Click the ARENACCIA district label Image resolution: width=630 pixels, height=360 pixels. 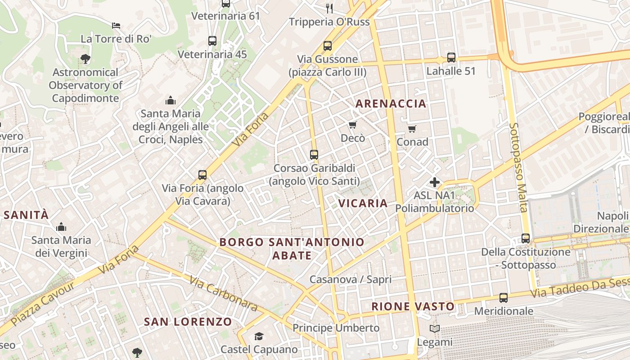click(391, 103)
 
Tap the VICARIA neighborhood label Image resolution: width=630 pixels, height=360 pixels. click(363, 203)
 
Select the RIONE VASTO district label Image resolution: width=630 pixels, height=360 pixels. click(413, 306)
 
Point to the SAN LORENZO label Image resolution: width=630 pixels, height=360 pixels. click(188, 322)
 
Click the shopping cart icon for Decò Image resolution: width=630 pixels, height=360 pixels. click(352, 125)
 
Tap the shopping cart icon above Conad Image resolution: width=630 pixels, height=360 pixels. click(412, 129)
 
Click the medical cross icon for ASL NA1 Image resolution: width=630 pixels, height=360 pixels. click(434, 182)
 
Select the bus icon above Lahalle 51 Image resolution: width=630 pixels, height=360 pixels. click(451, 57)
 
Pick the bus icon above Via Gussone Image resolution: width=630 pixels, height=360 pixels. click(327, 45)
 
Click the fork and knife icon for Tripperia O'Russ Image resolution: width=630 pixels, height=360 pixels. click(329, 8)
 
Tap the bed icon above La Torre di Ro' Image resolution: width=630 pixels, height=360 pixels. click(116, 25)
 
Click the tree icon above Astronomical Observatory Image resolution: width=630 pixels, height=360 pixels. click(85, 58)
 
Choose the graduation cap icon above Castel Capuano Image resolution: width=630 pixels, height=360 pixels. click(259, 336)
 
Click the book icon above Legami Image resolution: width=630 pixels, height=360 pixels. click(434, 329)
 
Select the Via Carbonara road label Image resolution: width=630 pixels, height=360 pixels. click(223, 293)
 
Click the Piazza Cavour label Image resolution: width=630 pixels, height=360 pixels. click(43, 304)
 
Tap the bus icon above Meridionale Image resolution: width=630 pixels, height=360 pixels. click(503, 297)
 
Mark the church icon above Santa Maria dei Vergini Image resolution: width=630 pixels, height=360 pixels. click(61, 227)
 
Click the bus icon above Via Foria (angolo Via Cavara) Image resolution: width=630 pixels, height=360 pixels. click(202, 175)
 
